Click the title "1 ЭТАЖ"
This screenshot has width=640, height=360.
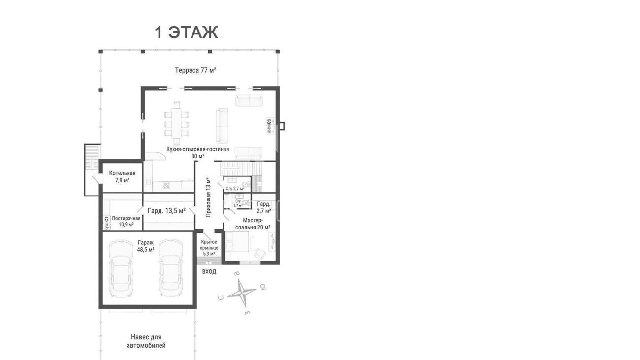[186, 33]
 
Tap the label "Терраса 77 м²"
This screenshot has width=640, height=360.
[195, 70]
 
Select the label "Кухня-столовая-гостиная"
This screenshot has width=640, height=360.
[198, 149]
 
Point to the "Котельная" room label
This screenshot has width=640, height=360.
[122, 173]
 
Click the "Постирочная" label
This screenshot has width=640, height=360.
[126, 218]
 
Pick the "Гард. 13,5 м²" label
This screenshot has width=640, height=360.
[166, 211]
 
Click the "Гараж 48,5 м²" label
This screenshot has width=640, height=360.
[146, 246]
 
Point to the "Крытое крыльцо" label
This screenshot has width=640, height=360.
[209, 245]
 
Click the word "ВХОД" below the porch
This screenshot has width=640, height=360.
[209, 272]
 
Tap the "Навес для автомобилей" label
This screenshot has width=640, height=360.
[146, 341]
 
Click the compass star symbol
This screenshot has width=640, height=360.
[242, 293]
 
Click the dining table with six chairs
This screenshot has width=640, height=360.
[177, 124]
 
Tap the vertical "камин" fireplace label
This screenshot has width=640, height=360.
[269, 126]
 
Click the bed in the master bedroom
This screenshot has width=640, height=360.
[237, 242]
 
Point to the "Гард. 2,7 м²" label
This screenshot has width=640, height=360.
[264, 207]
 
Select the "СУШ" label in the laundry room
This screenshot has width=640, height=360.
[106, 227]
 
